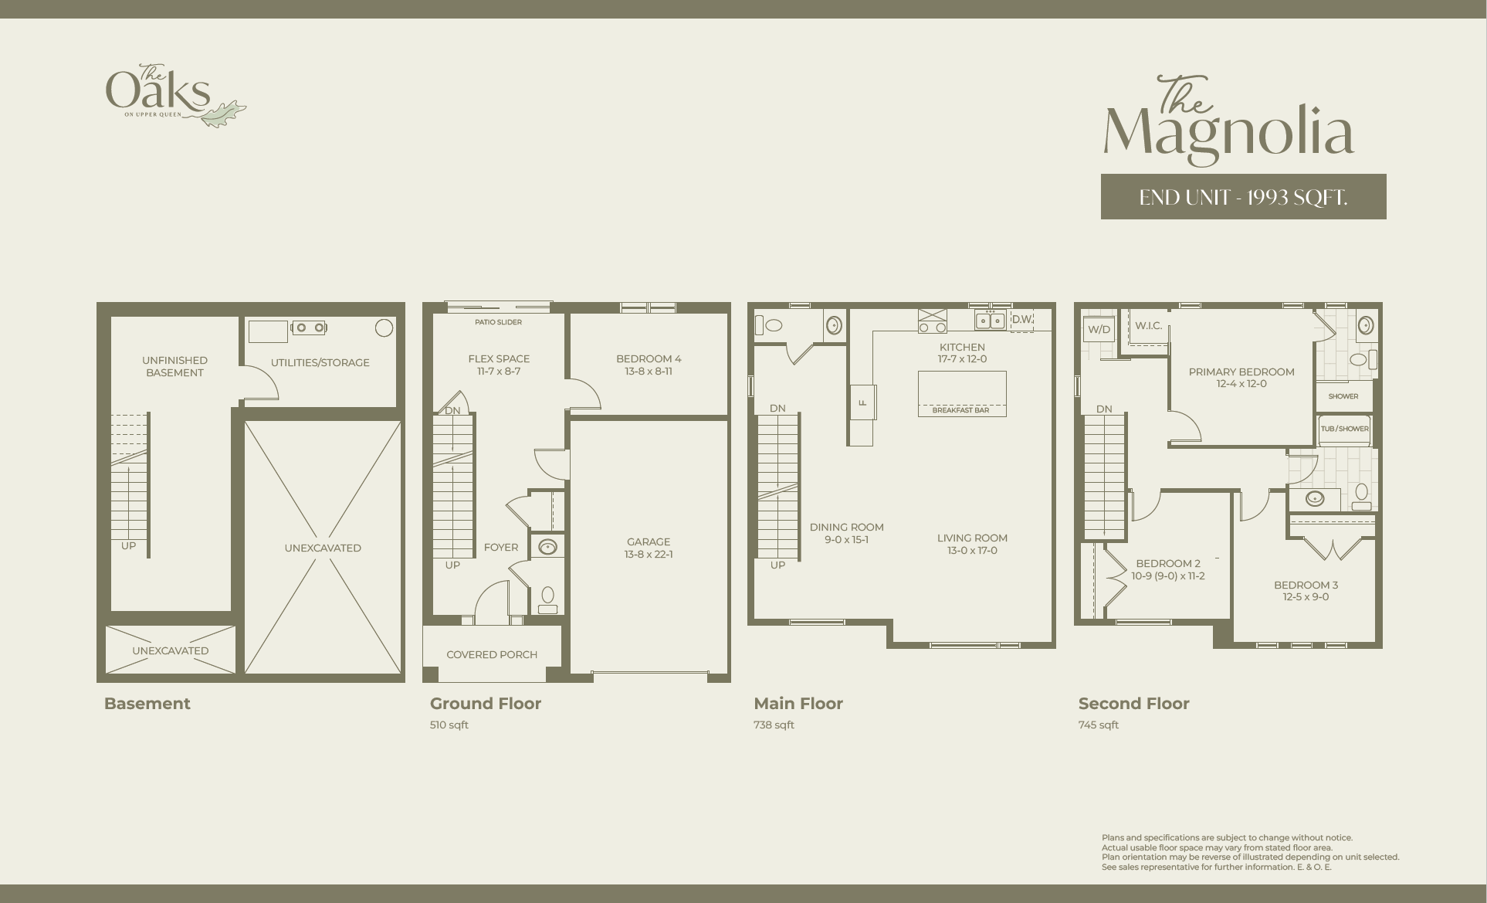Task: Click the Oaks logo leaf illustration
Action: tap(224, 114)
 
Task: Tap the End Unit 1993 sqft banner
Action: tap(1243, 197)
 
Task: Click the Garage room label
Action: tap(649, 541)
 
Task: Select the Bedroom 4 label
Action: tap(649, 358)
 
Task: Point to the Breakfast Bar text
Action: tap(960, 410)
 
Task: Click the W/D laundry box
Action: tap(1099, 329)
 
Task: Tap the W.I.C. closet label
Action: tap(1148, 326)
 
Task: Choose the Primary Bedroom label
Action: tap(1241, 372)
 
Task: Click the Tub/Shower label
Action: tap(1344, 429)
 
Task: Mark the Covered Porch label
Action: tap(492, 654)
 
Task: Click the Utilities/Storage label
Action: tap(320, 362)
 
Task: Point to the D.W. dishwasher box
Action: tap(1022, 320)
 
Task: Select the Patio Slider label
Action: tap(498, 322)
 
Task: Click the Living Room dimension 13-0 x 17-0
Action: tap(972, 551)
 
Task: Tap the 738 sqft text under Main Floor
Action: tap(774, 725)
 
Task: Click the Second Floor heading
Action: tap(1133, 703)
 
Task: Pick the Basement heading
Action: tap(147, 703)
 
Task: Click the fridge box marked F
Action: tap(862, 402)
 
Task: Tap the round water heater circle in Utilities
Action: tap(384, 328)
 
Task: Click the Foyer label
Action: tap(501, 547)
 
